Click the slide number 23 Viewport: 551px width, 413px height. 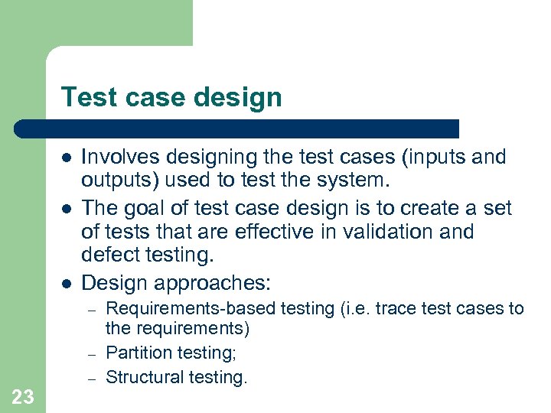pos(23,396)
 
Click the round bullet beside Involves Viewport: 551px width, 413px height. pos(67,158)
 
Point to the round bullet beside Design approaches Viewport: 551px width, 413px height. pos(67,283)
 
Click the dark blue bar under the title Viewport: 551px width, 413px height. pos(237,128)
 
